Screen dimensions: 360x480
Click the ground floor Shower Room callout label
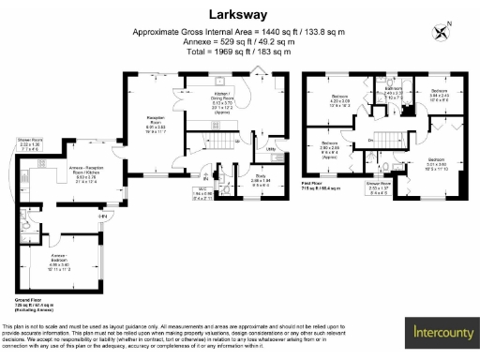28,145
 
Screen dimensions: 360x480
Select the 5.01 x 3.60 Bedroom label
437,164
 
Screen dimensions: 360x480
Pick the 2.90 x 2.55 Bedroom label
329,148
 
